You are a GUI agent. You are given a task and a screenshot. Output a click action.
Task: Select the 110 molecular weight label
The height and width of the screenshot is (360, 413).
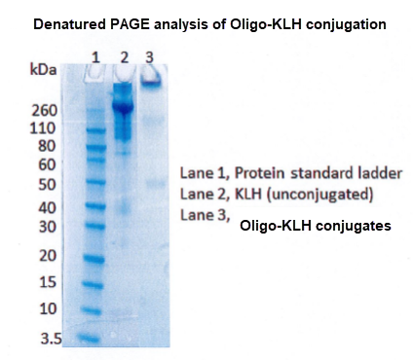coord(46,127)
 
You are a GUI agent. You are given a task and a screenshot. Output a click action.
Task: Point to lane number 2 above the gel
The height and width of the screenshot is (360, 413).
coord(125,56)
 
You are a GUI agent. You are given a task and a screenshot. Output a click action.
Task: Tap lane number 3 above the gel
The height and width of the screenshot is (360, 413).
coord(149,56)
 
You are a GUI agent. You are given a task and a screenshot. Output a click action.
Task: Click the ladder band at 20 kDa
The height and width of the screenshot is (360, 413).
coord(95,259)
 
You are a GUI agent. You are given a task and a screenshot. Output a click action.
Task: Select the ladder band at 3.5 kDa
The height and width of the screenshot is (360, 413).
coord(92,338)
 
